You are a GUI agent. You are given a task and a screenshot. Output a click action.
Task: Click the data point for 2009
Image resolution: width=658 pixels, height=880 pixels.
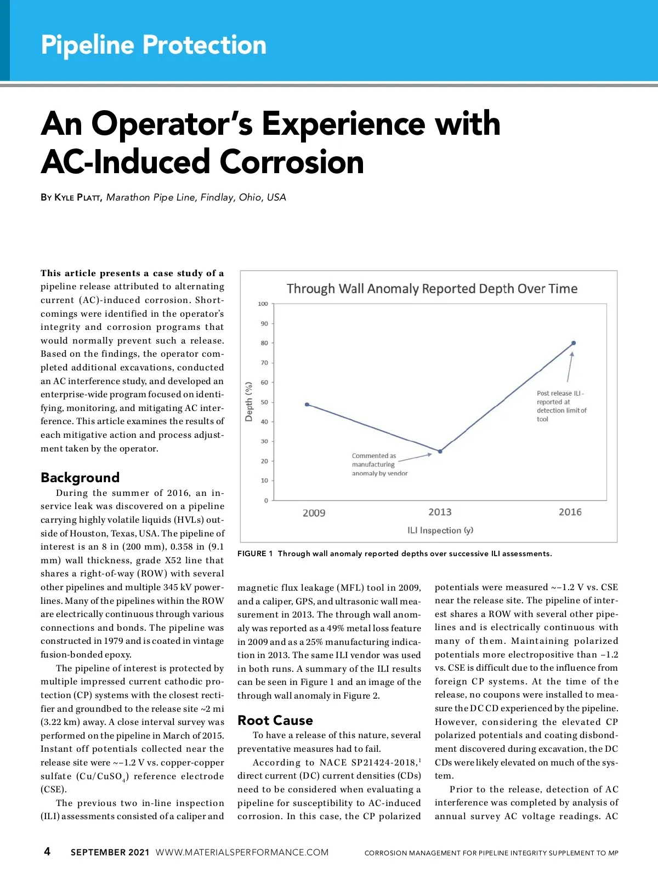tap(307, 404)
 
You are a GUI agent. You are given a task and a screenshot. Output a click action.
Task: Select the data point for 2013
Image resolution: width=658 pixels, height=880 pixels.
tap(440, 452)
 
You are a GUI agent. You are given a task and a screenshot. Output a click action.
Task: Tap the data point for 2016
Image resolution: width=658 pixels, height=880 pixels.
tap(574, 343)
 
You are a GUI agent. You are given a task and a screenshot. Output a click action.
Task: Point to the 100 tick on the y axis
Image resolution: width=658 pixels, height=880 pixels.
tap(263, 304)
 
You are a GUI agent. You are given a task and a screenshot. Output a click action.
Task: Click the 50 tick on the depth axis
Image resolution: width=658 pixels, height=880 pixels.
tap(264, 402)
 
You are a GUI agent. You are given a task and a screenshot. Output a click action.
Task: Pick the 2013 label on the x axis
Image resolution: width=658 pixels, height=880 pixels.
tap(440, 512)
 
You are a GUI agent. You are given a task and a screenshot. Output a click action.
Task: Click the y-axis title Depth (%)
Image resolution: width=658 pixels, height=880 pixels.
tap(249, 402)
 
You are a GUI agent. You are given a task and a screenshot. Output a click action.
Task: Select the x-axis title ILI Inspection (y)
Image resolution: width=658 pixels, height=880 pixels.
tap(440, 530)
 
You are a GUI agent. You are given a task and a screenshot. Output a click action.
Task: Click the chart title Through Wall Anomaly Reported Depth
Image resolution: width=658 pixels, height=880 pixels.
tap(432, 289)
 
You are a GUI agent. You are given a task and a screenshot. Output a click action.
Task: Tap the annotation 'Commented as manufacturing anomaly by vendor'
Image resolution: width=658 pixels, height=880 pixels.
tap(379, 464)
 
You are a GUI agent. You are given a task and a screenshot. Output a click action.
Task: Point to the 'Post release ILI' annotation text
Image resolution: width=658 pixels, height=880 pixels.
tap(561, 406)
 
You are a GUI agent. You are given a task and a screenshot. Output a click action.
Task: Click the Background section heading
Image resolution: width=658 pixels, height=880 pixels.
tap(80, 477)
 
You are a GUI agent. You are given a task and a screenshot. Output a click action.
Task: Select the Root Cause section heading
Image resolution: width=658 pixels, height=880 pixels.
tap(275, 721)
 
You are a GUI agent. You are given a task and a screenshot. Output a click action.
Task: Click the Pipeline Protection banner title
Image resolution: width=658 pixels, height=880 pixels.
tap(154, 45)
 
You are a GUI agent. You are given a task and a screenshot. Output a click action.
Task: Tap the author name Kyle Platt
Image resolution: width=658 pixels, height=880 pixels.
tap(77, 198)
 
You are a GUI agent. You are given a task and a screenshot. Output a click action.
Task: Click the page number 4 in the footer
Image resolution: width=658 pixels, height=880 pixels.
tap(47, 851)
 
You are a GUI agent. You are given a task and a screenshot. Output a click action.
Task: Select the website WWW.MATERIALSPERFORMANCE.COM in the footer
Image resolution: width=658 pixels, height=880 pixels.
tap(242, 852)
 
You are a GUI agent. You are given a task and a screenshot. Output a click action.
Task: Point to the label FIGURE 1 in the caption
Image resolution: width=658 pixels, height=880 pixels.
tap(255, 553)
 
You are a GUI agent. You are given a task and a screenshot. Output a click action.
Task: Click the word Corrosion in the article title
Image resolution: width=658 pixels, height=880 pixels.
tap(292, 162)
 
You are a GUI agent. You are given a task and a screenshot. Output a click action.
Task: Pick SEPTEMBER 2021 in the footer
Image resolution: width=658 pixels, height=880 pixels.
tap(110, 852)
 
